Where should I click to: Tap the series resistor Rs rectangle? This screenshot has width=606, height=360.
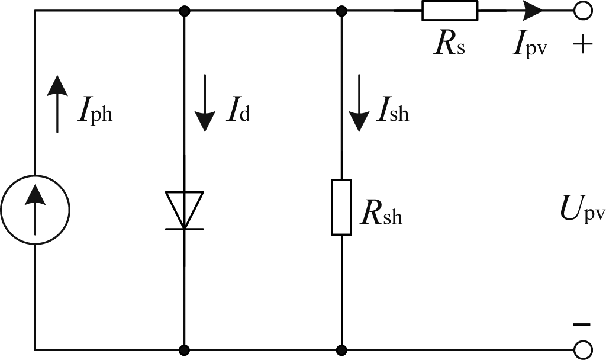click(x=449, y=11)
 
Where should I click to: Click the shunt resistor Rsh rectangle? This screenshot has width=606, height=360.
click(x=341, y=207)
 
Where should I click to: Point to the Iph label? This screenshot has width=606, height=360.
click(x=95, y=112)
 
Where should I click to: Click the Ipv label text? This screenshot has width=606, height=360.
click(x=529, y=46)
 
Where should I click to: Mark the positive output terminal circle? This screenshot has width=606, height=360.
click(x=584, y=11)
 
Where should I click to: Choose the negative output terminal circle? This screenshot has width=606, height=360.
click(x=584, y=349)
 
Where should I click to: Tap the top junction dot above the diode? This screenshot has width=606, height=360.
click(x=185, y=11)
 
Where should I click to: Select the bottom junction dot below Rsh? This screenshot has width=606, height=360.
click(x=341, y=349)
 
